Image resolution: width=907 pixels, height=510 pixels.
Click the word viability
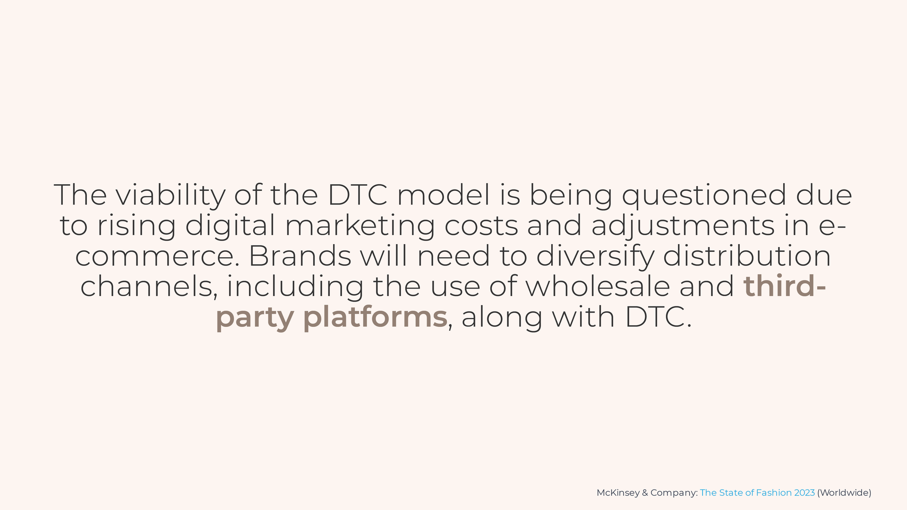coord(170,195)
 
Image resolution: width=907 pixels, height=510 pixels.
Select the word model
coord(444,195)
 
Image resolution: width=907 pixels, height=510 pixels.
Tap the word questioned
coord(704,195)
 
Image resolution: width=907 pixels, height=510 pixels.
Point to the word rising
coord(136,226)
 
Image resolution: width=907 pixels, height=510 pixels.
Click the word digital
coord(230,226)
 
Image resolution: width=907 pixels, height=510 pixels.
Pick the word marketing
coord(359,226)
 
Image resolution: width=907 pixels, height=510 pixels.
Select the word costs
coord(481,226)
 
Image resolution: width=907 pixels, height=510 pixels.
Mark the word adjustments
coord(683,226)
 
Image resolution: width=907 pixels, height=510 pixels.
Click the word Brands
coord(299,256)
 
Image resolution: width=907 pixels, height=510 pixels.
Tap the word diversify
coord(595,256)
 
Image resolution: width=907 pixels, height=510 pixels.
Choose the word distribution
coord(747,256)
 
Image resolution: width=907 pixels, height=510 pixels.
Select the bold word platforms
coord(375,317)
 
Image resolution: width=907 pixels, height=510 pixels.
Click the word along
coord(502,317)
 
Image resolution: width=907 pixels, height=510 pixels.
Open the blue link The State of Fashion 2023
coord(757,493)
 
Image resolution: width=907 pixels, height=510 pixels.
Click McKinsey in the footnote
coord(618,493)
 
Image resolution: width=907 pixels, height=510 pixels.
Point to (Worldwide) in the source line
coord(844,493)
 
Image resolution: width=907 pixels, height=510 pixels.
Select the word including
coord(295,287)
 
